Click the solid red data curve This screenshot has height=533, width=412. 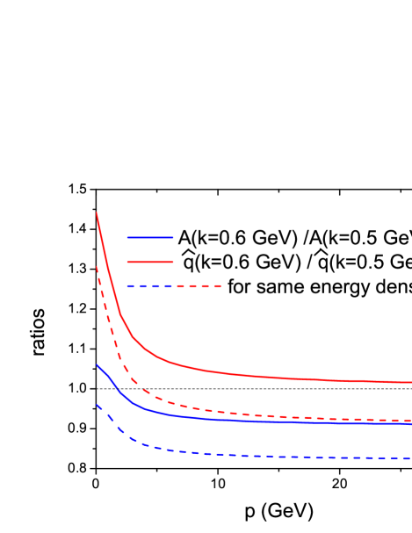point(220,372)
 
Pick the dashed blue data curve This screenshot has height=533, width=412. point(220,454)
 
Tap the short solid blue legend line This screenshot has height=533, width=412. point(150,237)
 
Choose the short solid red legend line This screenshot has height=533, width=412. point(150,262)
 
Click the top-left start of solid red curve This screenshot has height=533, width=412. point(97,212)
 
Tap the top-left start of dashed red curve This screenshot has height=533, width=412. point(97,267)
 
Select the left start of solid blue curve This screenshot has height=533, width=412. point(97,364)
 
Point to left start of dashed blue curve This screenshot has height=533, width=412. point(97,405)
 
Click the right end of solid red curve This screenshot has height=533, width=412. point(410,382)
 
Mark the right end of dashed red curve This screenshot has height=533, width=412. point(410,420)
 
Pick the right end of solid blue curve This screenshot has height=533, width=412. point(410,424)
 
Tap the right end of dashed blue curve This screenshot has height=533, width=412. point(410,457)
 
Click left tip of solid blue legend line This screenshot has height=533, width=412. point(127,237)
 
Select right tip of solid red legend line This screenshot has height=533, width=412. point(173,262)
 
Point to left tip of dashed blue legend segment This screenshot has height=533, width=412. point(127,286)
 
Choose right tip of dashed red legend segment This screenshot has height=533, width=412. point(220,286)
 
